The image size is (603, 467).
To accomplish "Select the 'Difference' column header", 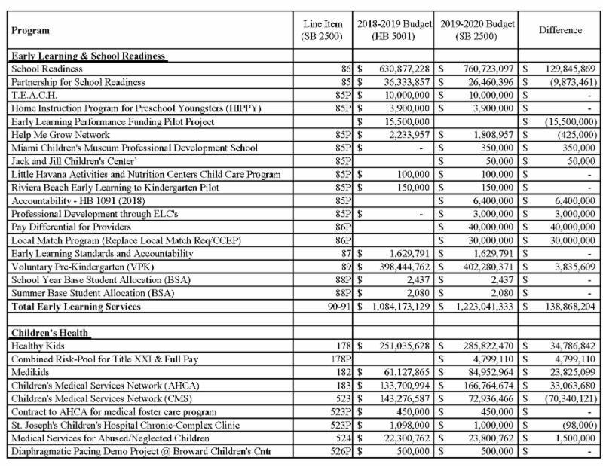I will coord(560,30).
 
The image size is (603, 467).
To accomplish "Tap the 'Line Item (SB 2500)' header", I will coord(322,30).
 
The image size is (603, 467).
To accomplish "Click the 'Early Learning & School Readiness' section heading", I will coord(87,56).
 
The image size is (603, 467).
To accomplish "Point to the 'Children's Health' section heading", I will coord(50,332).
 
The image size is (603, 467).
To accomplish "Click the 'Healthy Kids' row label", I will coord(38,345).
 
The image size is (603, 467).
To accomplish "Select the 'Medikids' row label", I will coord(30,371).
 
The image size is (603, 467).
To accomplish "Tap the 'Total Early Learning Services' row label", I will coord(76,306).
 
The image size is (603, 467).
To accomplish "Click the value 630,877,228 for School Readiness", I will coord(404,69).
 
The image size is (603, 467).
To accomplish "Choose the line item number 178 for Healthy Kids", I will coord(343,345).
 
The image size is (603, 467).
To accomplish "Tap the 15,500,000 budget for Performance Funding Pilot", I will coord(407,122).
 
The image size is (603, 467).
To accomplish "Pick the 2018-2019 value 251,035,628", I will coord(404,345).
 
